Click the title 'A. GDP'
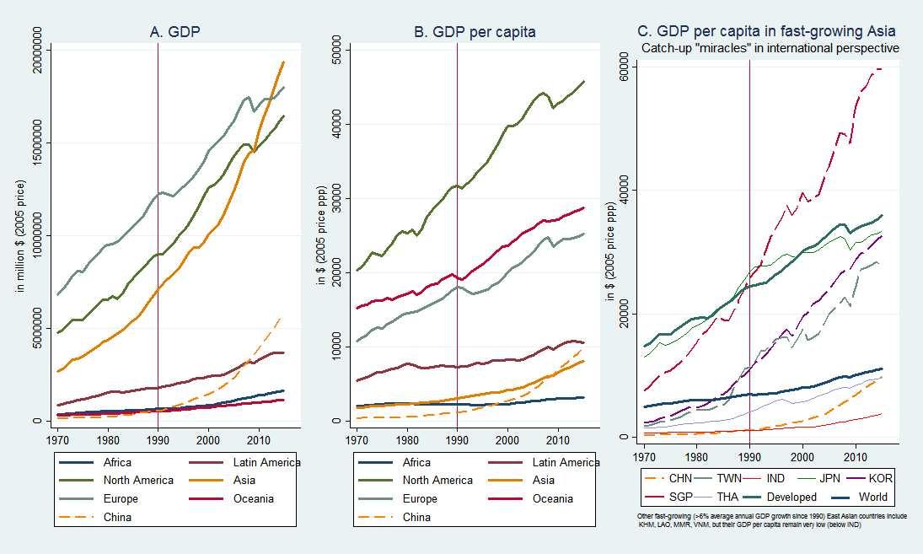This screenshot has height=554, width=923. tap(174, 32)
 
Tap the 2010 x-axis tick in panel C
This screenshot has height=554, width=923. tap(855, 456)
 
